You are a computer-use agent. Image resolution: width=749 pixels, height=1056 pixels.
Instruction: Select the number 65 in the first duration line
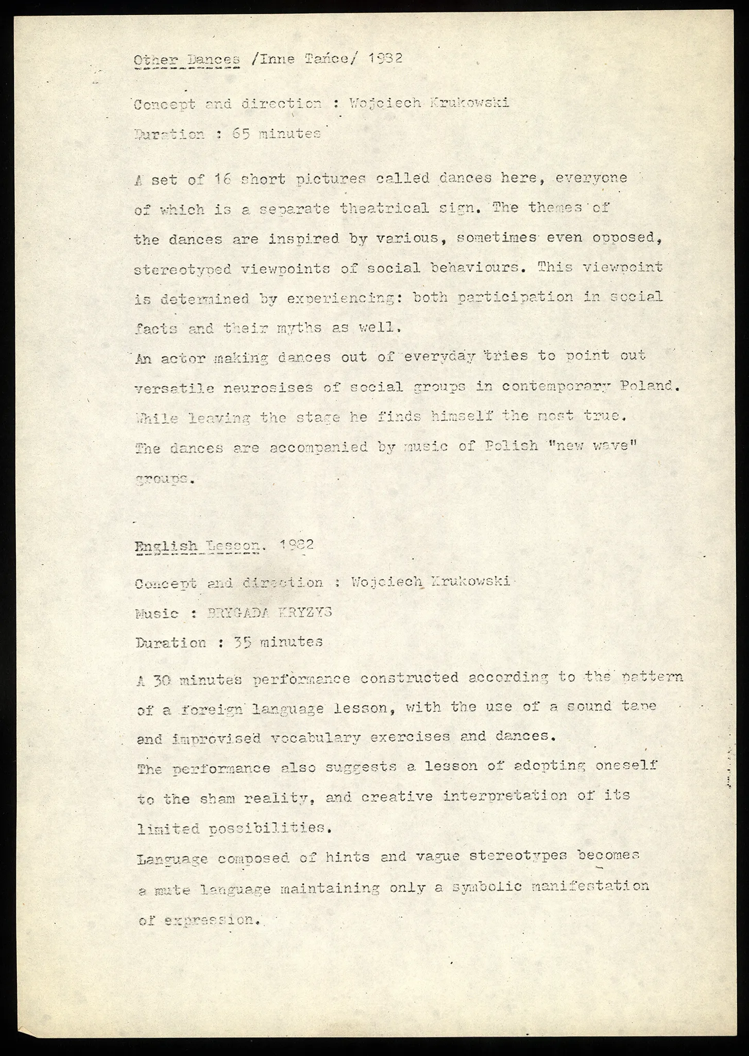coord(241,134)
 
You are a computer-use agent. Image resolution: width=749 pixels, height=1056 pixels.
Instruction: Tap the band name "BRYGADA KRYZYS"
coord(268,613)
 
